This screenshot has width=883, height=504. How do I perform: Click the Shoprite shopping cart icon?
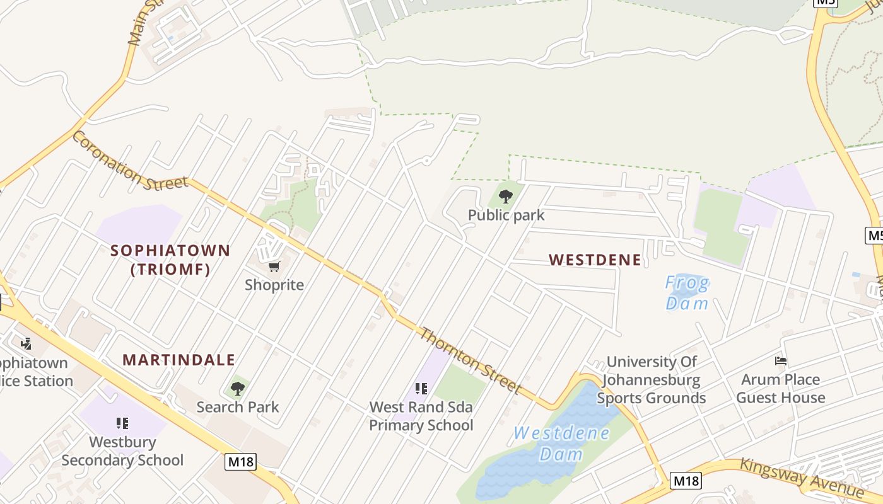274,267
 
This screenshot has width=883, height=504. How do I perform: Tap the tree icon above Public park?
505,196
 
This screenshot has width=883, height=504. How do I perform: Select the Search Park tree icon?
237,389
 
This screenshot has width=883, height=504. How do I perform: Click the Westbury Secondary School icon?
122,423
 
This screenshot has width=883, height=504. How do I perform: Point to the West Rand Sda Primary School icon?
421,389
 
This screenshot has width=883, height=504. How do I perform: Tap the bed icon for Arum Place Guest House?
781,361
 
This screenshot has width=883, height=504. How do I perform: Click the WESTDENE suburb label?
595,260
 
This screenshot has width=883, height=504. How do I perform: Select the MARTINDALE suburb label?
178,360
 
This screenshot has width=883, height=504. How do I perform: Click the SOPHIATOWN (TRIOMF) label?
170,260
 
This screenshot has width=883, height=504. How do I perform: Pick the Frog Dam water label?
687,293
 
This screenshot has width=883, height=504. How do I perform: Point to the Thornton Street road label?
471,360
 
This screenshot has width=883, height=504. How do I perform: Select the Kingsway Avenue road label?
801,477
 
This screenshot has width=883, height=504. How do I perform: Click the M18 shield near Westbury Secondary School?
240,462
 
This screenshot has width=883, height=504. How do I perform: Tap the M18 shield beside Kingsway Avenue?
685,481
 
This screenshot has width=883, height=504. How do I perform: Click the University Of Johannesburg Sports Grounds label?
652,380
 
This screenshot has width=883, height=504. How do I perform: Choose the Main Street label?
143,22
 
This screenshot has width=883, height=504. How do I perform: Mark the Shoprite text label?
274,285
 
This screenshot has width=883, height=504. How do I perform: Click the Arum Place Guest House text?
781,389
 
